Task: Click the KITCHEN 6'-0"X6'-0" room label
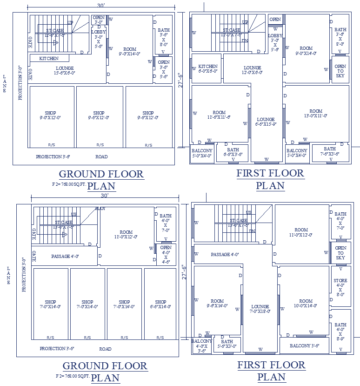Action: pyautogui.click(x=208, y=69)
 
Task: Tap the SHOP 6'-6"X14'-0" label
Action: pyautogui.click(x=160, y=305)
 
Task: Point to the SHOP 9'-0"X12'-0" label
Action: pyautogui.click(x=50, y=115)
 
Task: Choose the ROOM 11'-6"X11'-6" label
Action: pyautogui.click(x=219, y=115)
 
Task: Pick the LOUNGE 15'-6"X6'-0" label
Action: pyautogui.click(x=65, y=70)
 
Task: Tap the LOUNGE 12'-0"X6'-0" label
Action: pyautogui.click(x=253, y=70)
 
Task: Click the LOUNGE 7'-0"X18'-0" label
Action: pyautogui.click(x=260, y=309)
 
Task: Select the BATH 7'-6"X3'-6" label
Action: pyautogui.click(x=330, y=151)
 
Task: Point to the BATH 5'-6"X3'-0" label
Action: pyautogui.click(x=227, y=344)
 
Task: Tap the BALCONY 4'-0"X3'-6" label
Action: pyautogui.click(x=201, y=346)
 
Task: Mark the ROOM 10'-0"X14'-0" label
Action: pyautogui.click(x=306, y=304)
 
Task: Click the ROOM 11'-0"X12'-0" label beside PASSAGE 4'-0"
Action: pyautogui.click(x=126, y=234)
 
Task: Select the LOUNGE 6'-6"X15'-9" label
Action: pyautogui.click(x=266, y=122)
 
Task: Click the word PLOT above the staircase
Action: pyautogui.click(x=100, y=209)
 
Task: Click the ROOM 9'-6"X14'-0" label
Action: pyautogui.click(x=217, y=304)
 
